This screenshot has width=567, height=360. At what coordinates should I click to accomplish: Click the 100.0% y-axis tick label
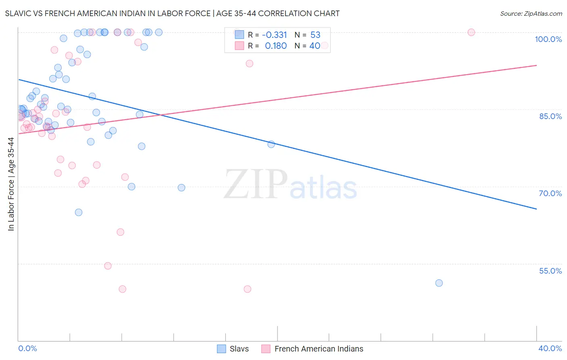coord(548,39)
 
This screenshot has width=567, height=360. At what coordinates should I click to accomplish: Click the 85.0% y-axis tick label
coord(550,116)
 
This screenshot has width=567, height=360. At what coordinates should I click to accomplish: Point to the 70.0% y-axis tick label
coord(550,193)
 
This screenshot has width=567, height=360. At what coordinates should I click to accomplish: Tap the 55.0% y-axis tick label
coord(550,271)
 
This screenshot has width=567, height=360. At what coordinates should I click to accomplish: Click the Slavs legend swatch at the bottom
coord(221,349)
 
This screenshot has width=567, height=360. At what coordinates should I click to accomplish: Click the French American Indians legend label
coord(319,349)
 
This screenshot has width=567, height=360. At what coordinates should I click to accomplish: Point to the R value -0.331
coord(274,35)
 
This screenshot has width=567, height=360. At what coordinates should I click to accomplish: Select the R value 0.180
coord(276,46)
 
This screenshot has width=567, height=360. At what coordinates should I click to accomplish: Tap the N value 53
coord(315,35)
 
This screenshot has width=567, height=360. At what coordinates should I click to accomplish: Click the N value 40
coord(315,46)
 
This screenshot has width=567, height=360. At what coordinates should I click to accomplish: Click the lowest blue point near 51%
coord(439,283)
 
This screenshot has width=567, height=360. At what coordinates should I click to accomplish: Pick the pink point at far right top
coord(471,32)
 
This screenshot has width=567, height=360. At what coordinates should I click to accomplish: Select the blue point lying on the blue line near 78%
coord(271,144)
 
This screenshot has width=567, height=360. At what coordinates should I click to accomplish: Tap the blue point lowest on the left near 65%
coord(79,212)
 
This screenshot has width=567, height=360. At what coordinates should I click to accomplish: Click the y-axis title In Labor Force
coord(11,184)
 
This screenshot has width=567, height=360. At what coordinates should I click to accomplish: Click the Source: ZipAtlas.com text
coord(531,13)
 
